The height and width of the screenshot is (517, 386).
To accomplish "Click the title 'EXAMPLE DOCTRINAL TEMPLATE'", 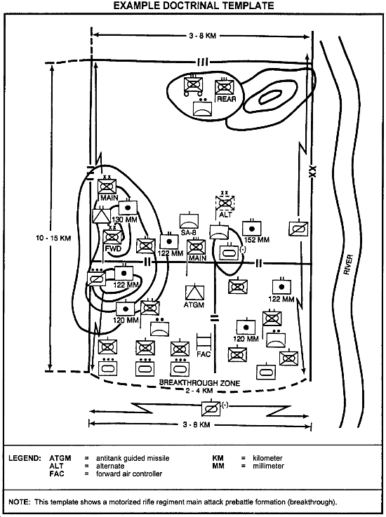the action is pyautogui.click(x=194, y=6).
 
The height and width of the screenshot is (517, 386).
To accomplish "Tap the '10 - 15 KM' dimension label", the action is pyautogui.click(x=53, y=238).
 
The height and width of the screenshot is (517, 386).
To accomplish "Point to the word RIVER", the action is pyautogui.click(x=348, y=264).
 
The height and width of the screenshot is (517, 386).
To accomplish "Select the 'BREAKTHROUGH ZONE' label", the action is pyautogui.click(x=199, y=383).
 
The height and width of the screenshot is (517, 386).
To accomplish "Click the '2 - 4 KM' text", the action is pyautogui.click(x=199, y=391).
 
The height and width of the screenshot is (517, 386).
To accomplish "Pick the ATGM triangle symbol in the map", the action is pyautogui.click(x=194, y=293).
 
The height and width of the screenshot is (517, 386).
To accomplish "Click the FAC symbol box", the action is pyautogui.click(x=204, y=342).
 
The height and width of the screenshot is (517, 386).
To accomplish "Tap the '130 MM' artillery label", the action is pyautogui.click(x=124, y=220).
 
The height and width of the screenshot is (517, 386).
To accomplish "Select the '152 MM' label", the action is pyautogui.click(x=257, y=240).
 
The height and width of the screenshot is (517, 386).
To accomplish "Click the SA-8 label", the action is pyautogui.click(x=189, y=233).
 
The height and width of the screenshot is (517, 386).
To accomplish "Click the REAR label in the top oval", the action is pyautogui.click(x=227, y=99).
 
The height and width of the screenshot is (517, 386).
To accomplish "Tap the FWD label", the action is pyautogui.click(x=113, y=248).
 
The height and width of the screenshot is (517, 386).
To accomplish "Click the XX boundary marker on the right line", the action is pyautogui.click(x=312, y=170).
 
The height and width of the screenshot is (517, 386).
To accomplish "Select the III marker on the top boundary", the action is pyautogui.click(x=202, y=62).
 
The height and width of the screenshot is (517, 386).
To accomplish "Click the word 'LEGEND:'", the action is pyautogui.click(x=25, y=458).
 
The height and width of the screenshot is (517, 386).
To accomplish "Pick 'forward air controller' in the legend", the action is pyautogui.click(x=129, y=474).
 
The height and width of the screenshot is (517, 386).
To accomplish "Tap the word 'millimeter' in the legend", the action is pyautogui.click(x=268, y=466).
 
